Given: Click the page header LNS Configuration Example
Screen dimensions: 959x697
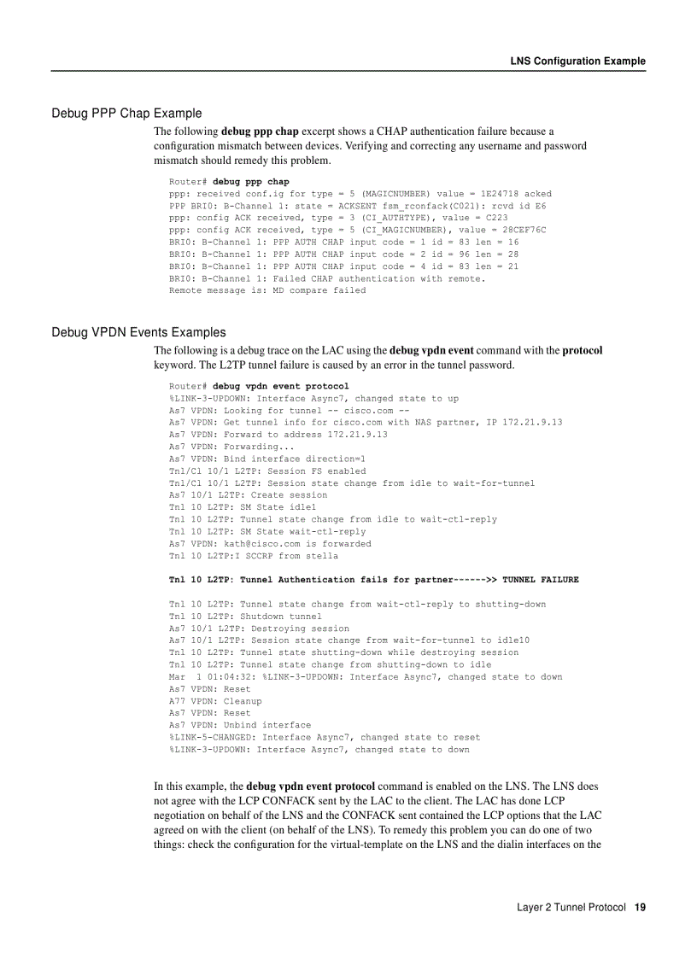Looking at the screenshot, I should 577,61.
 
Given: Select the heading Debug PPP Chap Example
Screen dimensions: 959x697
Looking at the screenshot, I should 126,113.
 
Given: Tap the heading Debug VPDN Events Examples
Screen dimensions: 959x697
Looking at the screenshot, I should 138,332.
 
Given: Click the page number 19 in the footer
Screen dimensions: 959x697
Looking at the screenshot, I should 640,907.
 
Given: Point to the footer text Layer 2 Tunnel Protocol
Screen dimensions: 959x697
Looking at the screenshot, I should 571,907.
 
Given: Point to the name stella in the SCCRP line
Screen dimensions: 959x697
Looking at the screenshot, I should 321,555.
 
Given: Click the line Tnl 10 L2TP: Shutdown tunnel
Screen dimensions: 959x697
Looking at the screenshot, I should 245,616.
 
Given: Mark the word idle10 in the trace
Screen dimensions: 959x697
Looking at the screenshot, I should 512,640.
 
